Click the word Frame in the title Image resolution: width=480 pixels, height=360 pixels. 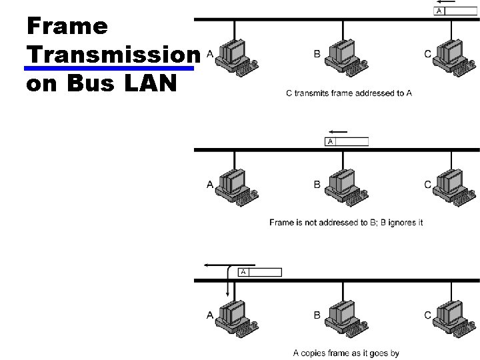[x=67, y=26]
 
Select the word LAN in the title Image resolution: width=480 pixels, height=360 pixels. [x=151, y=85]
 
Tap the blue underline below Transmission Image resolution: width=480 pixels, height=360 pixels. [x=112, y=68]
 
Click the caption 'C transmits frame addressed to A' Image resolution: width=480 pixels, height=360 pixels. [x=348, y=93]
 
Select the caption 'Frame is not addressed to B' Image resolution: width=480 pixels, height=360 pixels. [x=346, y=222]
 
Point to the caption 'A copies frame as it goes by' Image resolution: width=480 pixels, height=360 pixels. [x=346, y=353]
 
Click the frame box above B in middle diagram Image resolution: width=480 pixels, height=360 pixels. [x=346, y=141]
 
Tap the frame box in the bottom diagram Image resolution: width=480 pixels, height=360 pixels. [x=259, y=272]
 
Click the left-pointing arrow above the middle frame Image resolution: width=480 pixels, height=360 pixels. [x=338, y=131]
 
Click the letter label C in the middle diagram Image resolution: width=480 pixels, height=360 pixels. [x=427, y=185]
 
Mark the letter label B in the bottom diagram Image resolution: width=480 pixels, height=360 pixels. [x=317, y=315]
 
